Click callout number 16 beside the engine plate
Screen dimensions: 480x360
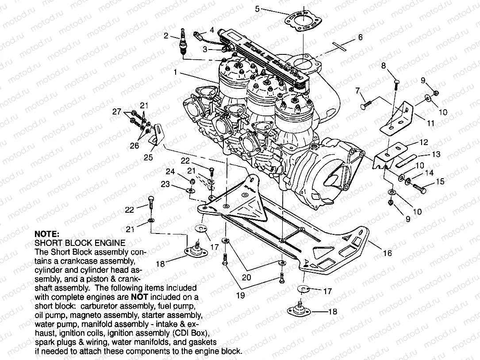point(387,253)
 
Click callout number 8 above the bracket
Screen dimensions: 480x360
point(384,66)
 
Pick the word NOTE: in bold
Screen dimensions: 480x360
point(46,234)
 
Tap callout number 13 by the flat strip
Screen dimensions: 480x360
point(436,154)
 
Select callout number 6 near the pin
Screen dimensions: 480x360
point(360,38)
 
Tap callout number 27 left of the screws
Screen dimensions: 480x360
point(116,111)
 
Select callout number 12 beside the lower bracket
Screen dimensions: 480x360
point(424,142)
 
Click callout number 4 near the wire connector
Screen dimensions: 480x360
point(212,30)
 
